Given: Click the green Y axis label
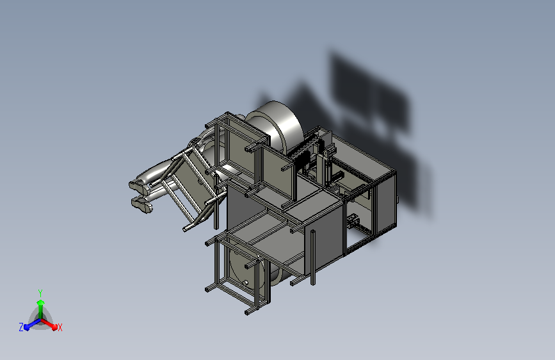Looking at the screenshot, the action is [40, 293].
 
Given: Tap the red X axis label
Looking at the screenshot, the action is [60, 327].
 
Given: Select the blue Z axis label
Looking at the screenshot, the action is [21, 327].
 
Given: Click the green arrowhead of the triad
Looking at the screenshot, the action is [40, 303].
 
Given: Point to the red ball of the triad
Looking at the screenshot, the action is [54, 327].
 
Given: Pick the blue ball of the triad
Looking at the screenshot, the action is [27, 327].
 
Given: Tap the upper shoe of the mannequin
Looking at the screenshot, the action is [138, 186].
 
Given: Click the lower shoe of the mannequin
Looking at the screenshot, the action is [141, 205].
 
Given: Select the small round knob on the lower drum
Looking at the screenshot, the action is [246, 282].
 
